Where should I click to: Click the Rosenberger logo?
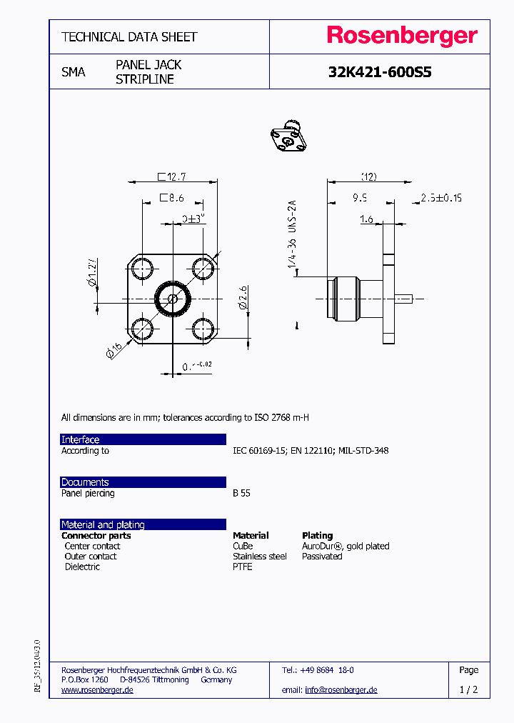402,36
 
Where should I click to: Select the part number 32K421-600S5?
380,72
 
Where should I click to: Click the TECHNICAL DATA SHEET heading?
129,36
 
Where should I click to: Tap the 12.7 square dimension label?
171,176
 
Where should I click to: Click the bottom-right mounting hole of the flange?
203,329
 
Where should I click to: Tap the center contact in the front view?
173,299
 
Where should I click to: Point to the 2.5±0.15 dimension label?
440,198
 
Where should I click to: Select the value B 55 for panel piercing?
241,494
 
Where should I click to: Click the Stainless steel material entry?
259,557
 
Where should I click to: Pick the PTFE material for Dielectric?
243,567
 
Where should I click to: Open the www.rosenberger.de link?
97,690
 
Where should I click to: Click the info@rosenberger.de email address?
341,690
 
